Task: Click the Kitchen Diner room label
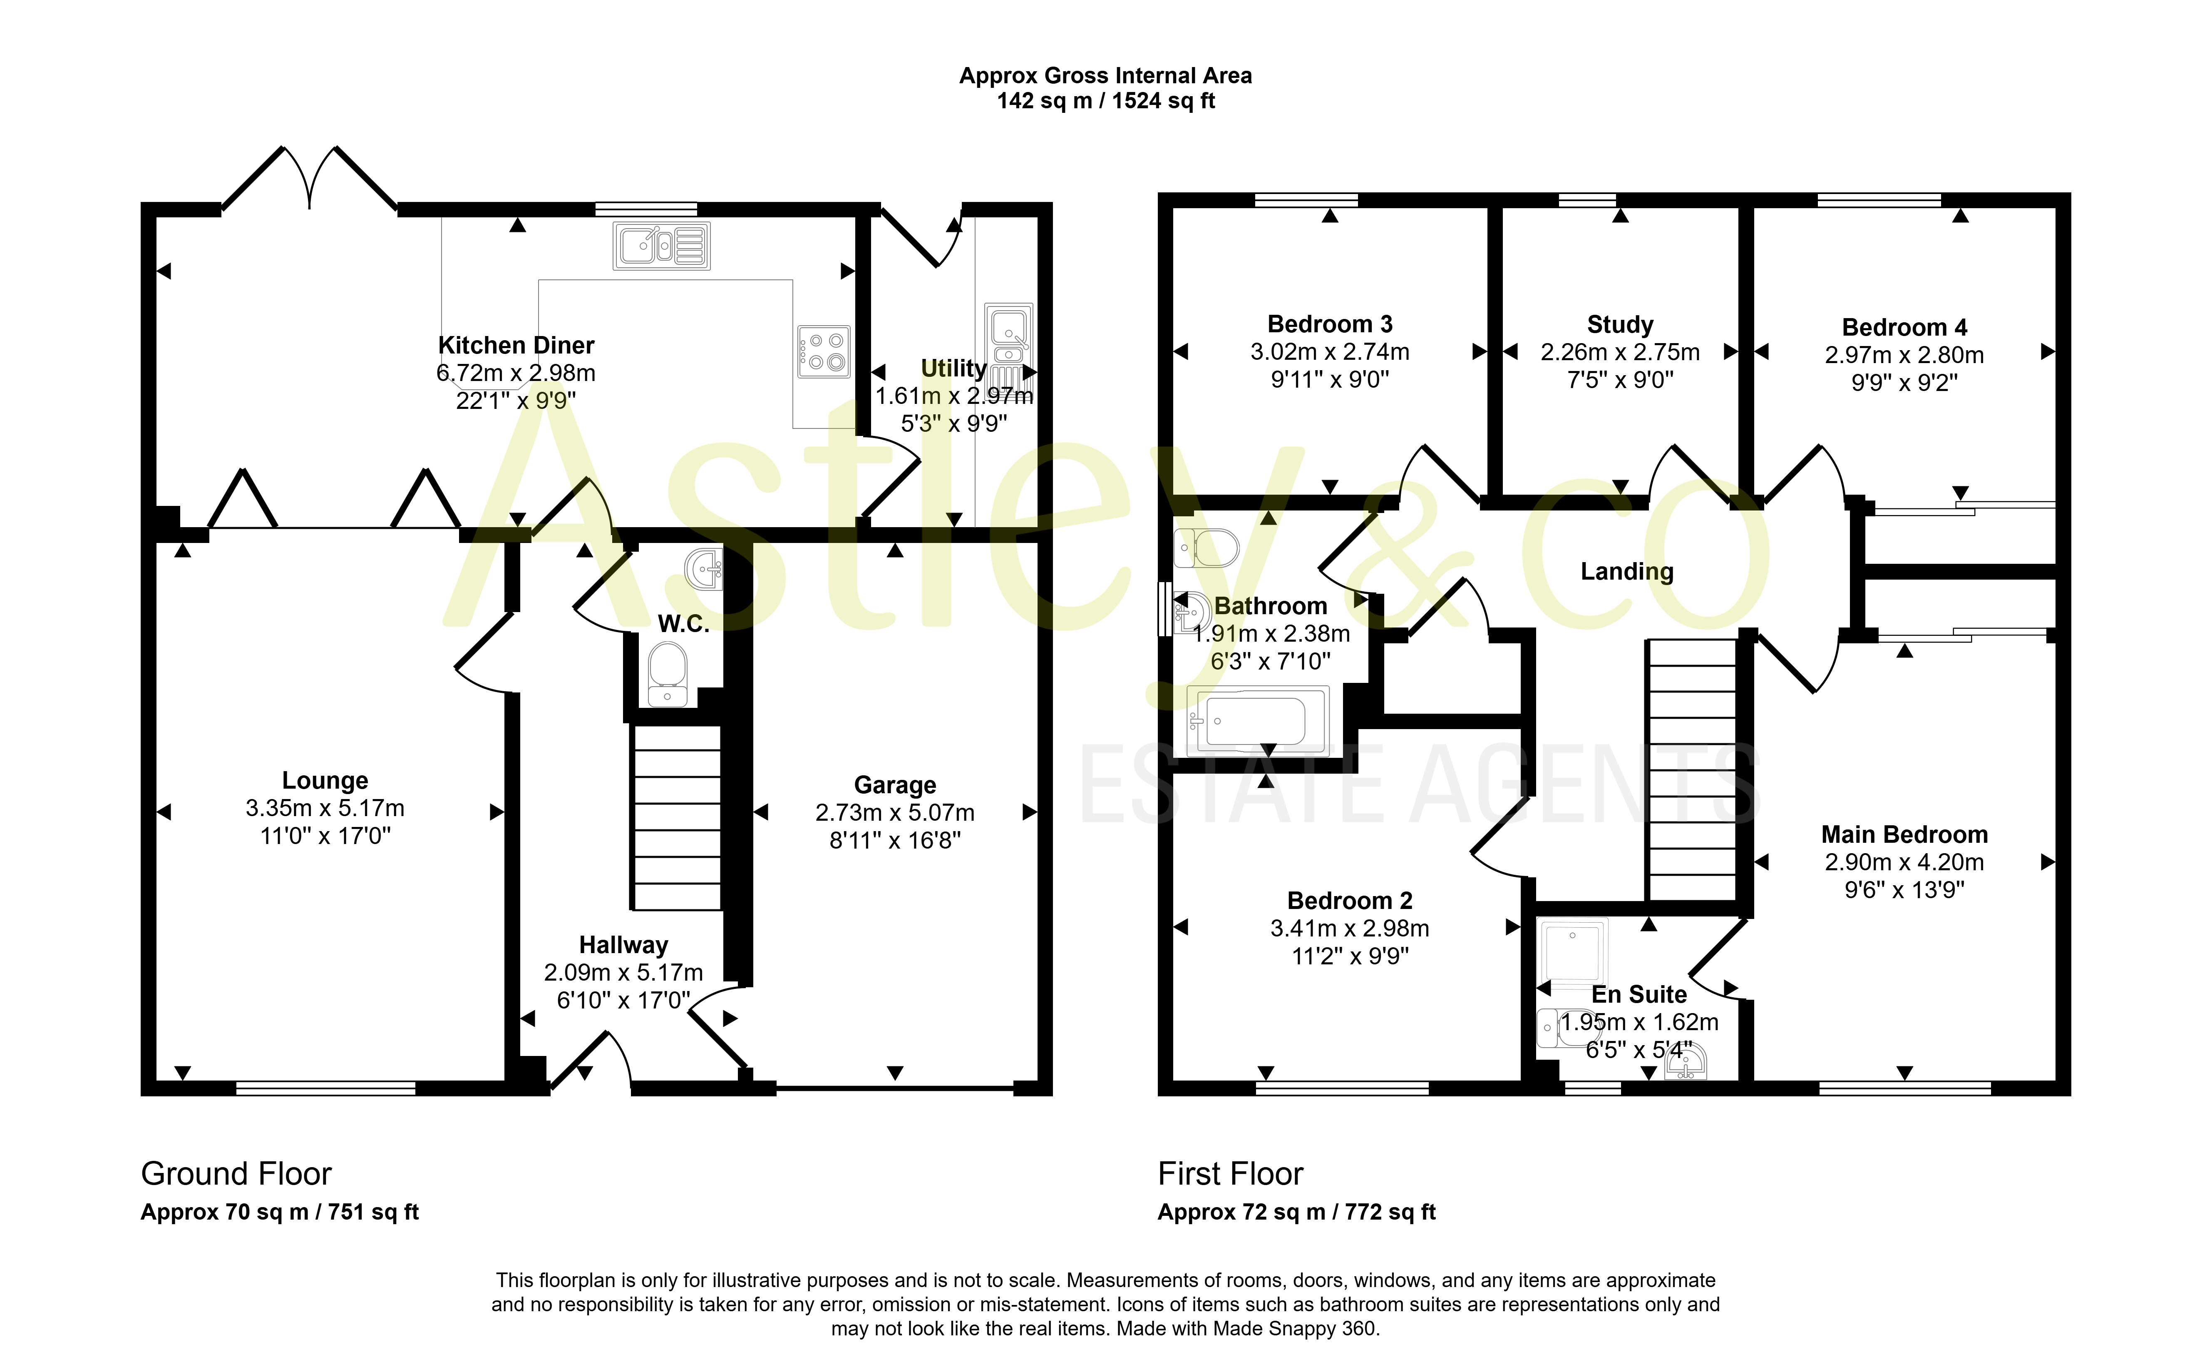pos(516,346)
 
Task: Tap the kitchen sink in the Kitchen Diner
pos(661,245)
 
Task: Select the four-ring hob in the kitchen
pos(824,351)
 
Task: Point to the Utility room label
pos(953,369)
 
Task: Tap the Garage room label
pos(895,785)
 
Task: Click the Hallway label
pos(624,946)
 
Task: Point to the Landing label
pos(1627,572)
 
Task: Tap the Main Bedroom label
pos(1904,835)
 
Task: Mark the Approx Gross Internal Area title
pos(1105,76)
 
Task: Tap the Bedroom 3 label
pos(1330,325)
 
